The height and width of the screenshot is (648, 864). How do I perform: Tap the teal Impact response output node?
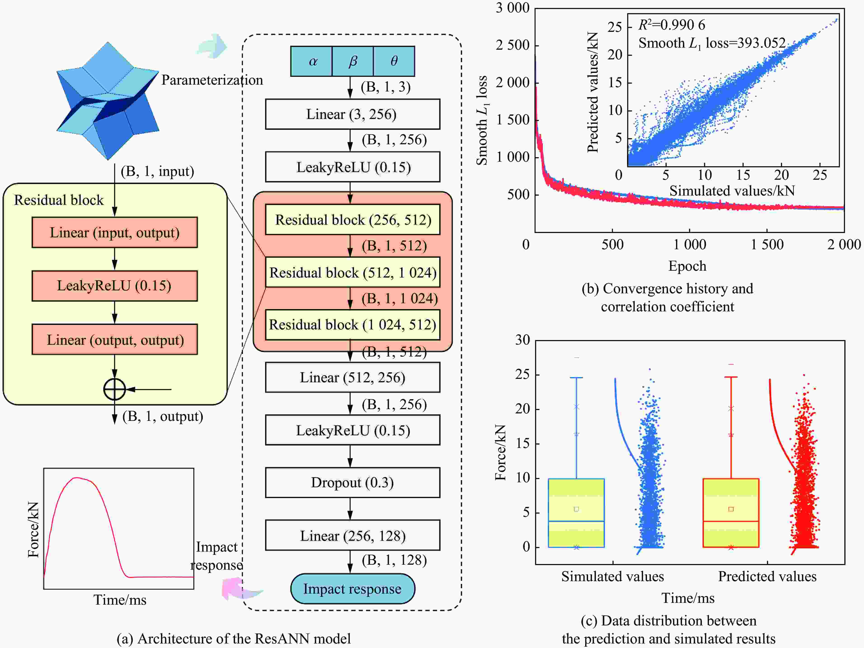(352, 589)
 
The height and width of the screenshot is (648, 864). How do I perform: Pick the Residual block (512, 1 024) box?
(352, 272)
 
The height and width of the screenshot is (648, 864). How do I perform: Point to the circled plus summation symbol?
(114, 389)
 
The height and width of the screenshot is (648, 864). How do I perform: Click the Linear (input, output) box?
(114, 232)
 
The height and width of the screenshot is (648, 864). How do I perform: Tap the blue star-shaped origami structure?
(108, 101)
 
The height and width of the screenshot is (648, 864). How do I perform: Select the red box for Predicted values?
(731, 513)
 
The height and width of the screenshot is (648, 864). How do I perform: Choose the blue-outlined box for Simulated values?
(576, 513)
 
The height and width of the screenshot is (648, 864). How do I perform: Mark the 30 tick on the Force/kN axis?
(522, 340)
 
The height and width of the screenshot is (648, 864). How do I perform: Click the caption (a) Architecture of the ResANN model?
(234, 639)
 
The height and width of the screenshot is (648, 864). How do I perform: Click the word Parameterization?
(212, 80)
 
